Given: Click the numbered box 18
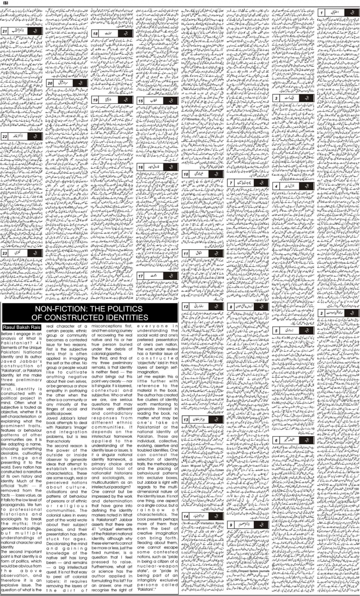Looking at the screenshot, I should (x=95, y=34).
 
